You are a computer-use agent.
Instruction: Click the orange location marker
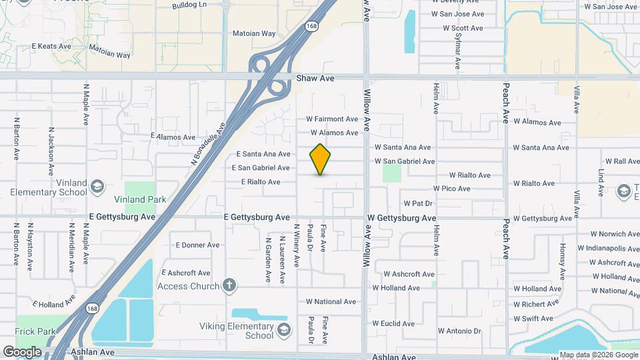pyautogui.click(x=321, y=159)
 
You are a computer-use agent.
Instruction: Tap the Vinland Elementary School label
pyautogui.click(x=48, y=187)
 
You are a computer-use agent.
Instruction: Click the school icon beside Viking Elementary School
pyautogui.click(x=284, y=331)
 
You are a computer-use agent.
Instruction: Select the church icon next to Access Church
pyautogui.click(x=230, y=286)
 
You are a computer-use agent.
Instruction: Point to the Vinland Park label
pyautogui.click(x=140, y=199)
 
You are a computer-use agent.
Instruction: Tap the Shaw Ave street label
pyautogui.click(x=315, y=78)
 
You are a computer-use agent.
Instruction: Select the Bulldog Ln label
pyautogui.click(x=190, y=5)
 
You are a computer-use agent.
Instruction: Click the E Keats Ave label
pyautogui.click(x=51, y=47)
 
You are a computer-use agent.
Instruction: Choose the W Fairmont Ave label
pyautogui.click(x=332, y=119)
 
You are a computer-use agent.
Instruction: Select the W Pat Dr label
pyautogui.click(x=418, y=203)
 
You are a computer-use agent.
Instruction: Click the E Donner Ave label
pyautogui.click(x=197, y=245)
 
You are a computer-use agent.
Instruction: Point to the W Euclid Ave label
pyautogui.click(x=393, y=324)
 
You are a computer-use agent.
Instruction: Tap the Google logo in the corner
pyautogui.click(x=22, y=351)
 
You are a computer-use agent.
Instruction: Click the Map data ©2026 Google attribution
pyautogui.click(x=599, y=355)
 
